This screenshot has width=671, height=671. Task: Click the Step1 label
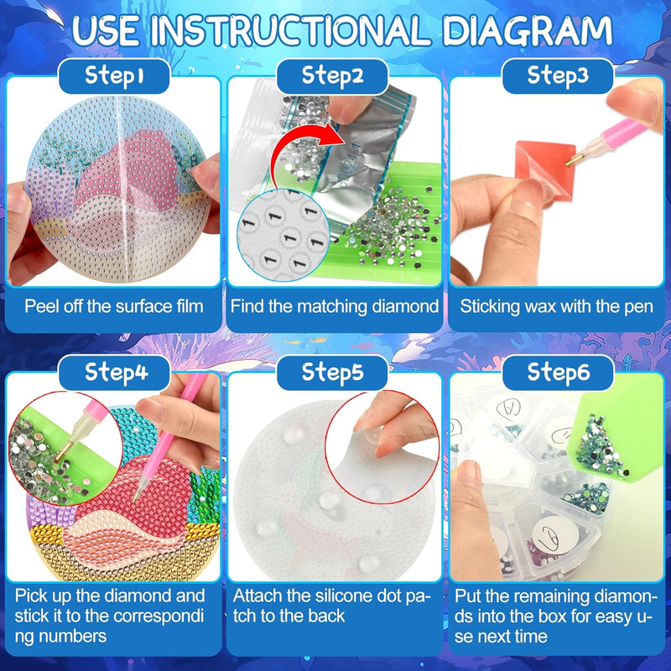point(114,75)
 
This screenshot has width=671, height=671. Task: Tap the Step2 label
point(332,75)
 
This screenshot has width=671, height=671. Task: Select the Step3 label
point(558,75)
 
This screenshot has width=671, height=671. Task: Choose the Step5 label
point(332,372)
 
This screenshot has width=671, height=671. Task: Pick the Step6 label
point(558,372)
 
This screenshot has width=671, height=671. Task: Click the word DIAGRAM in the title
point(527,31)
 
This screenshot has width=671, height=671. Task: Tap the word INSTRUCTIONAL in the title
point(289,31)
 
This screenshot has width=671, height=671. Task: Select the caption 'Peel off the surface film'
point(114,306)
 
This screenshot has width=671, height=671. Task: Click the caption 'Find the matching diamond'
point(334,306)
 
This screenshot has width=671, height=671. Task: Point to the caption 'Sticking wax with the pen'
point(557,306)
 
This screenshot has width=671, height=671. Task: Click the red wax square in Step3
point(545,170)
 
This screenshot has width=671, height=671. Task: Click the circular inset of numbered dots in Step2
point(283,235)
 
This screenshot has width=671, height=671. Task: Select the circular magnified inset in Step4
point(65,449)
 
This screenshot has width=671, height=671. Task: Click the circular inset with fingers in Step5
point(382,446)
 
